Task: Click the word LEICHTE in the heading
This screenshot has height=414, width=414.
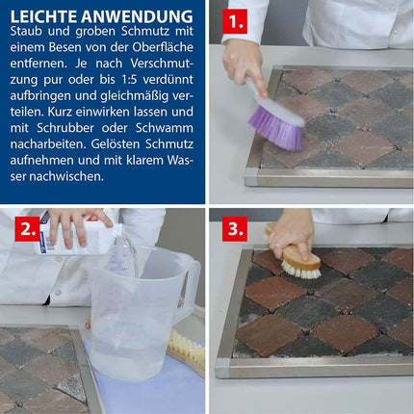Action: pos(43,16)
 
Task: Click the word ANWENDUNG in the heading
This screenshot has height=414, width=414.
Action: pos(137,16)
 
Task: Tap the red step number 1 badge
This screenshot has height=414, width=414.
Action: pos(235,21)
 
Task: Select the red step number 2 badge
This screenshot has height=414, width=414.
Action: pos(27,229)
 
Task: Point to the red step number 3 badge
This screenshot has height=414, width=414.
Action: pos(235,229)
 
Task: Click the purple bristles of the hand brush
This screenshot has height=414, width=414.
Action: pos(276,128)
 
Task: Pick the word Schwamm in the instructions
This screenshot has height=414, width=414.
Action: pos(165,128)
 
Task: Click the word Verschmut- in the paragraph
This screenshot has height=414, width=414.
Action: pos(162,64)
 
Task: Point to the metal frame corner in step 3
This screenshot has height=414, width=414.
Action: pos(223,368)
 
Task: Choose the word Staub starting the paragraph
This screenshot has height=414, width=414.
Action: pos(24,31)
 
